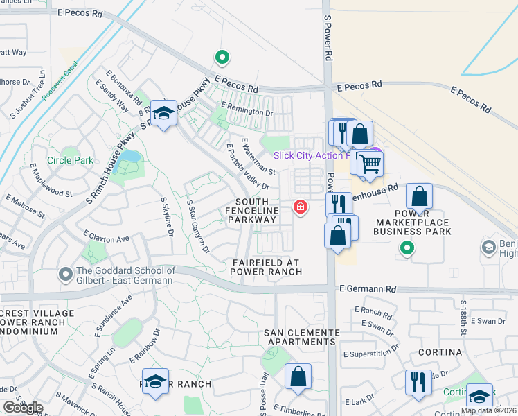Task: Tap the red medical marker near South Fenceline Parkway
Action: click(301, 207)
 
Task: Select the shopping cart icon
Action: click(370, 164)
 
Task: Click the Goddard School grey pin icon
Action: click(66, 275)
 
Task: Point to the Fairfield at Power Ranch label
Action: click(267, 267)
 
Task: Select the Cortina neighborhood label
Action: click(440, 352)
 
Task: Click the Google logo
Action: click(23, 408)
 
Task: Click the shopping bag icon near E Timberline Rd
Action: click(298, 376)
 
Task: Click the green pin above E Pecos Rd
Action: click(222, 58)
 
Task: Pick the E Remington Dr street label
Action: click(247, 111)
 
